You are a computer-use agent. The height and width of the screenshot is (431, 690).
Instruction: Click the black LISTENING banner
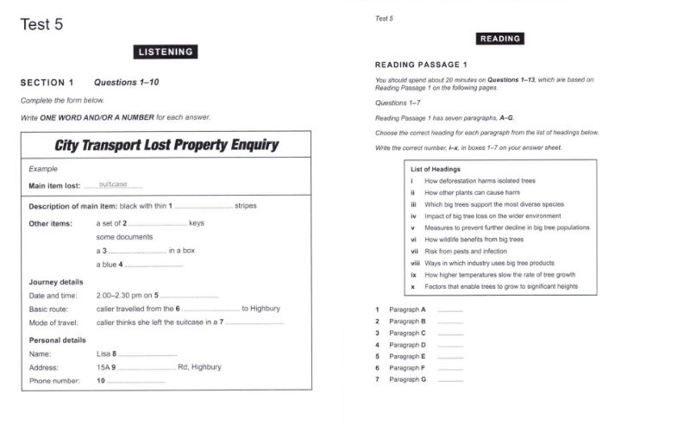tap(167, 52)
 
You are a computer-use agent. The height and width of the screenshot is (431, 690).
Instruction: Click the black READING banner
tap(499, 38)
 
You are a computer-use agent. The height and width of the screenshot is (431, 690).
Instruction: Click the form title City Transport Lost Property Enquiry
tap(166, 145)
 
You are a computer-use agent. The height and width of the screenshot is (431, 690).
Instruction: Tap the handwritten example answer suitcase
tap(113, 184)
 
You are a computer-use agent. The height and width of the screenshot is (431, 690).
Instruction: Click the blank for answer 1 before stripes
tap(204, 206)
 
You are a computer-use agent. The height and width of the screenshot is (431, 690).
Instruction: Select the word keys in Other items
tap(196, 223)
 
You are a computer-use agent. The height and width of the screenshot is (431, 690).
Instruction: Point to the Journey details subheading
tap(56, 282)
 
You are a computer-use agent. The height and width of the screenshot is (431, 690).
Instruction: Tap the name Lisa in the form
tap(103, 353)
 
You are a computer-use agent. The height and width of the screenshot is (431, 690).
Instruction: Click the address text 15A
tap(104, 366)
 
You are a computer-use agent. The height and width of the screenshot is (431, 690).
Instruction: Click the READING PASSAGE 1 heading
tap(421, 65)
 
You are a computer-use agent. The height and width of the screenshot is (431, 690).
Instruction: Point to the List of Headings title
tap(436, 169)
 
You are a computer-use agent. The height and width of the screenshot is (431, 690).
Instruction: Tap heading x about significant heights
tap(501, 286)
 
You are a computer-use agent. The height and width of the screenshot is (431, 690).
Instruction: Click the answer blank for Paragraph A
tap(450, 309)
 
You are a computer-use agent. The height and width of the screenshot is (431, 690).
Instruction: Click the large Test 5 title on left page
tap(41, 23)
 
